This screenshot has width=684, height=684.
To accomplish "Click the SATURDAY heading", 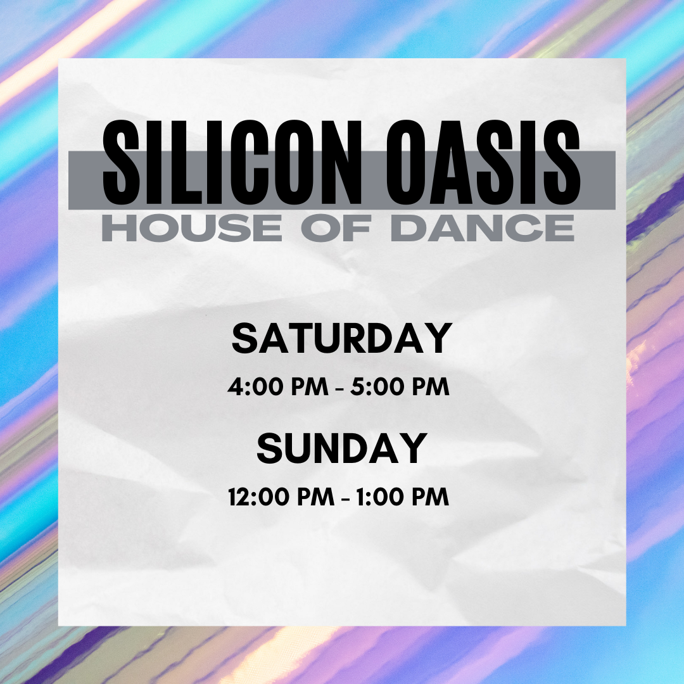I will point(342,339).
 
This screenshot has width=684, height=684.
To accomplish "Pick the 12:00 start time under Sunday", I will point(256,497).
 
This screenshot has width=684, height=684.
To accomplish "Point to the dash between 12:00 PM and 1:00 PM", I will point(345,498).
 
